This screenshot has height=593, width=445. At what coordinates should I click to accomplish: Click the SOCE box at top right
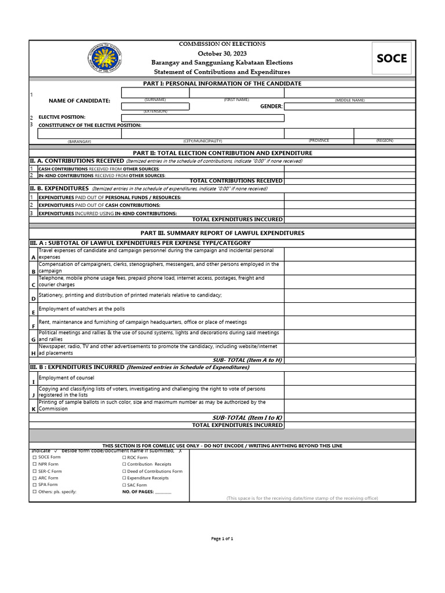click(392, 58)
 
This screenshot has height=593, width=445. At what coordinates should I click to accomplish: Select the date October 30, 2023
click(222, 53)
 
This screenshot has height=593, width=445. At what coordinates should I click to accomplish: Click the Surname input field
click(155, 93)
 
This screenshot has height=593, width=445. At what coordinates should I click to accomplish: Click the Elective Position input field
click(203, 118)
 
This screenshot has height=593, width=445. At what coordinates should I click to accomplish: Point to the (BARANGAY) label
click(79, 141)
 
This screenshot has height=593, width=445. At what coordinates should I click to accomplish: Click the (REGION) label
click(384, 141)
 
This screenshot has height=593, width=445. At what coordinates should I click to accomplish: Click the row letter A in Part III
click(33, 257)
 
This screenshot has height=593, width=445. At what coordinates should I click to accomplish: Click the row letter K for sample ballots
click(33, 409)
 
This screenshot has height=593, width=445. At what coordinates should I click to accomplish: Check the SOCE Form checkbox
click(34, 457)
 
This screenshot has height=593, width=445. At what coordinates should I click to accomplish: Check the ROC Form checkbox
click(124, 457)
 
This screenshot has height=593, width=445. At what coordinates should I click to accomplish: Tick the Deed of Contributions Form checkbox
click(124, 471)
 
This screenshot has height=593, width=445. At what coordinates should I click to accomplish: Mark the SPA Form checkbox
click(34, 485)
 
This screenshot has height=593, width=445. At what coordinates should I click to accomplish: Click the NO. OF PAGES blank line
click(163, 492)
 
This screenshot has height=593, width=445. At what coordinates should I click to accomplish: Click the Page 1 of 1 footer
click(222, 539)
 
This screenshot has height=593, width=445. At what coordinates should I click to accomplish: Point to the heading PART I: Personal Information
click(222, 83)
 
